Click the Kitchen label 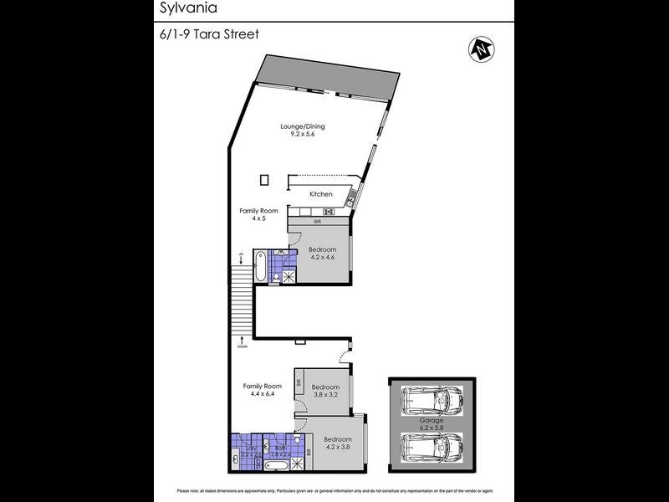(x=321, y=194)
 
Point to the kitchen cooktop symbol (x=329, y=211)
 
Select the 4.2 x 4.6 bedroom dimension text (x=322, y=258)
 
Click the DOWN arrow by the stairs (x=241, y=341)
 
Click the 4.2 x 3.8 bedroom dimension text (x=338, y=447)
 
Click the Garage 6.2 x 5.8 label (x=431, y=424)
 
